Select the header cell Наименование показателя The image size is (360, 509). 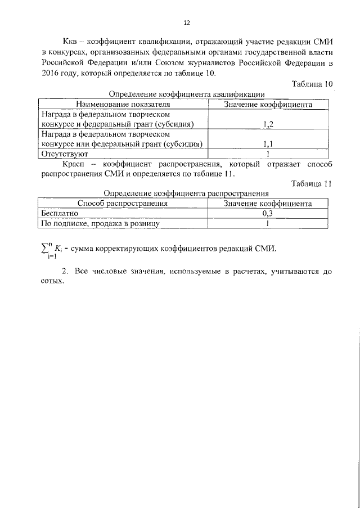(x=123, y=104)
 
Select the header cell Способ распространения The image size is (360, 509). (x=123, y=204)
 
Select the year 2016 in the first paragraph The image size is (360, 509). (x=51, y=73)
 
